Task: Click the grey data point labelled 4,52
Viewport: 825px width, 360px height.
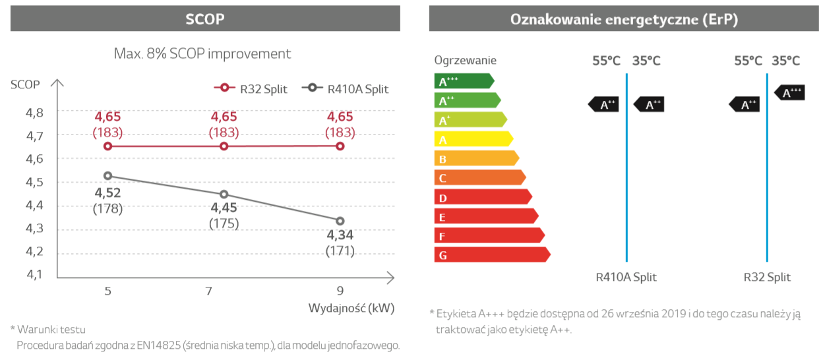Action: [x=107, y=176]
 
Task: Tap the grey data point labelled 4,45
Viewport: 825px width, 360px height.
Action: [x=224, y=195]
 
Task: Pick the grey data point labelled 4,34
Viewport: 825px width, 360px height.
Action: [x=340, y=221]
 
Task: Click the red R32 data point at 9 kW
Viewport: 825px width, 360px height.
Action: [x=340, y=146]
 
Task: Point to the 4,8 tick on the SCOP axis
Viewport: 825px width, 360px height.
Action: [x=34, y=113]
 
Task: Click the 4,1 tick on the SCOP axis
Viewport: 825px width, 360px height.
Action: [x=34, y=274]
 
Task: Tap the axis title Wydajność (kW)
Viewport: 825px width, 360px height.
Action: [x=351, y=308]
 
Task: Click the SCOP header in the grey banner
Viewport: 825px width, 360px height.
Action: [x=205, y=19]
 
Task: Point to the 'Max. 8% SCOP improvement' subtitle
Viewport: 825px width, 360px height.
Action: [x=202, y=53]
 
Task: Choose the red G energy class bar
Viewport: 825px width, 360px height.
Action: [x=491, y=255]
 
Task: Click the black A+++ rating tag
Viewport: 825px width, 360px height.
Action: [x=789, y=92]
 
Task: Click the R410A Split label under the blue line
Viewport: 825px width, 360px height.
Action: [x=626, y=277]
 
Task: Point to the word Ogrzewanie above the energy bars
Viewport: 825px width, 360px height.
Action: [x=465, y=61]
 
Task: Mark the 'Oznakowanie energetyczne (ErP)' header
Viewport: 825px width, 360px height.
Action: [x=624, y=19]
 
